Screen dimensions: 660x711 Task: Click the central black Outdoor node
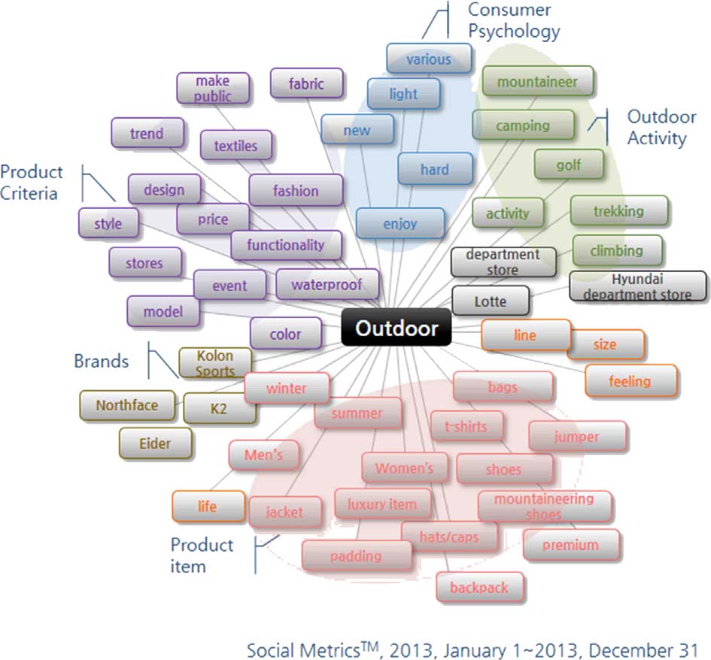396,328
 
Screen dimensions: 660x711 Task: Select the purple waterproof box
327,285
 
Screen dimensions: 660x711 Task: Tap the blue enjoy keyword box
400,223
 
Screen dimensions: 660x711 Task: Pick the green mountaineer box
537,81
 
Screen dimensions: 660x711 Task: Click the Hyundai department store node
638,286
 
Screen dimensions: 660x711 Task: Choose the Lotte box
491,301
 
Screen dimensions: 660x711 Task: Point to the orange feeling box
630,381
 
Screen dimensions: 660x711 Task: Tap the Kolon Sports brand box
215,362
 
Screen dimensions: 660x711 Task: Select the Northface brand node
127,405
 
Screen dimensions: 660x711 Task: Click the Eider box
154,443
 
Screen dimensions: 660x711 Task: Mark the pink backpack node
479,588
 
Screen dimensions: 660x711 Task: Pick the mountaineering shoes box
544,506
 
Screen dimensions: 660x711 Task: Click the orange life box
208,506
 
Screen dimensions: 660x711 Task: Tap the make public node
212,88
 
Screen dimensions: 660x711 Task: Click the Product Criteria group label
31,183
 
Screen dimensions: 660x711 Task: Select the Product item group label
202,555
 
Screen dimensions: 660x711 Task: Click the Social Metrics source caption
472,648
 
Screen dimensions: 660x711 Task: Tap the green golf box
569,165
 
